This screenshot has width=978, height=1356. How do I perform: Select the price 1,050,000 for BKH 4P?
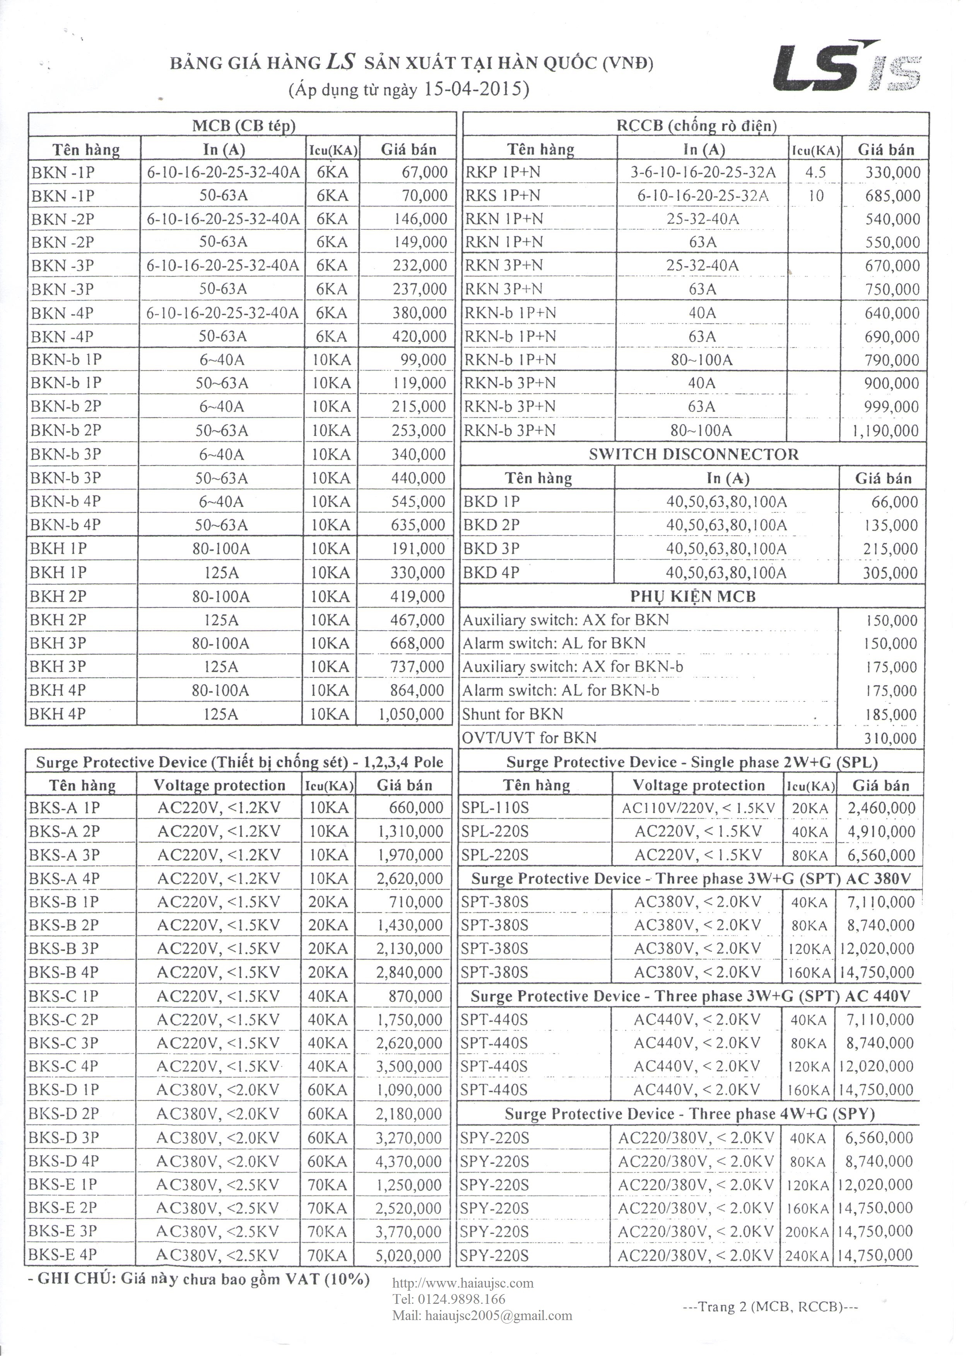pos(412,714)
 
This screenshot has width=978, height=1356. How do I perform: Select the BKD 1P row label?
pos(492,501)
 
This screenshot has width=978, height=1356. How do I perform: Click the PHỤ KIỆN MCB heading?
pos(692,597)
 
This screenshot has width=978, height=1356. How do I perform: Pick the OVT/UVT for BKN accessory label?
pos(529,738)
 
